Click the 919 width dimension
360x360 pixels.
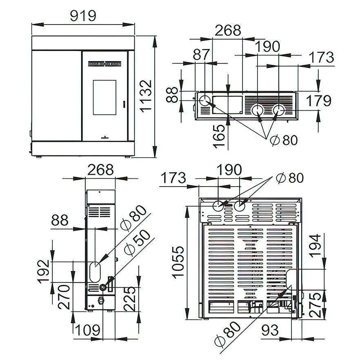(x=83, y=16)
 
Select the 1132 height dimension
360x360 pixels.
(x=146, y=96)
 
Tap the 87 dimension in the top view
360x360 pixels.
(x=201, y=55)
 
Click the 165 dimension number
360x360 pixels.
(x=219, y=136)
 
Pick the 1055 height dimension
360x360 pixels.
(x=178, y=262)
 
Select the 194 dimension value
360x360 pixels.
(x=315, y=246)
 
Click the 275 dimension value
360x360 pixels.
(x=315, y=305)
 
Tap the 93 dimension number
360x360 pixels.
(x=270, y=330)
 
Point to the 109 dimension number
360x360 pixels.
(x=87, y=330)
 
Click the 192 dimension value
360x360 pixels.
(x=44, y=271)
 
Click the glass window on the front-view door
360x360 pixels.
(x=104, y=97)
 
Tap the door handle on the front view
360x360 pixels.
(x=124, y=104)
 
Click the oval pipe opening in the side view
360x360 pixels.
(x=95, y=272)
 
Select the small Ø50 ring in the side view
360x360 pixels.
(x=102, y=287)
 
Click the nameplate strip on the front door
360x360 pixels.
(x=104, y=64)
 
